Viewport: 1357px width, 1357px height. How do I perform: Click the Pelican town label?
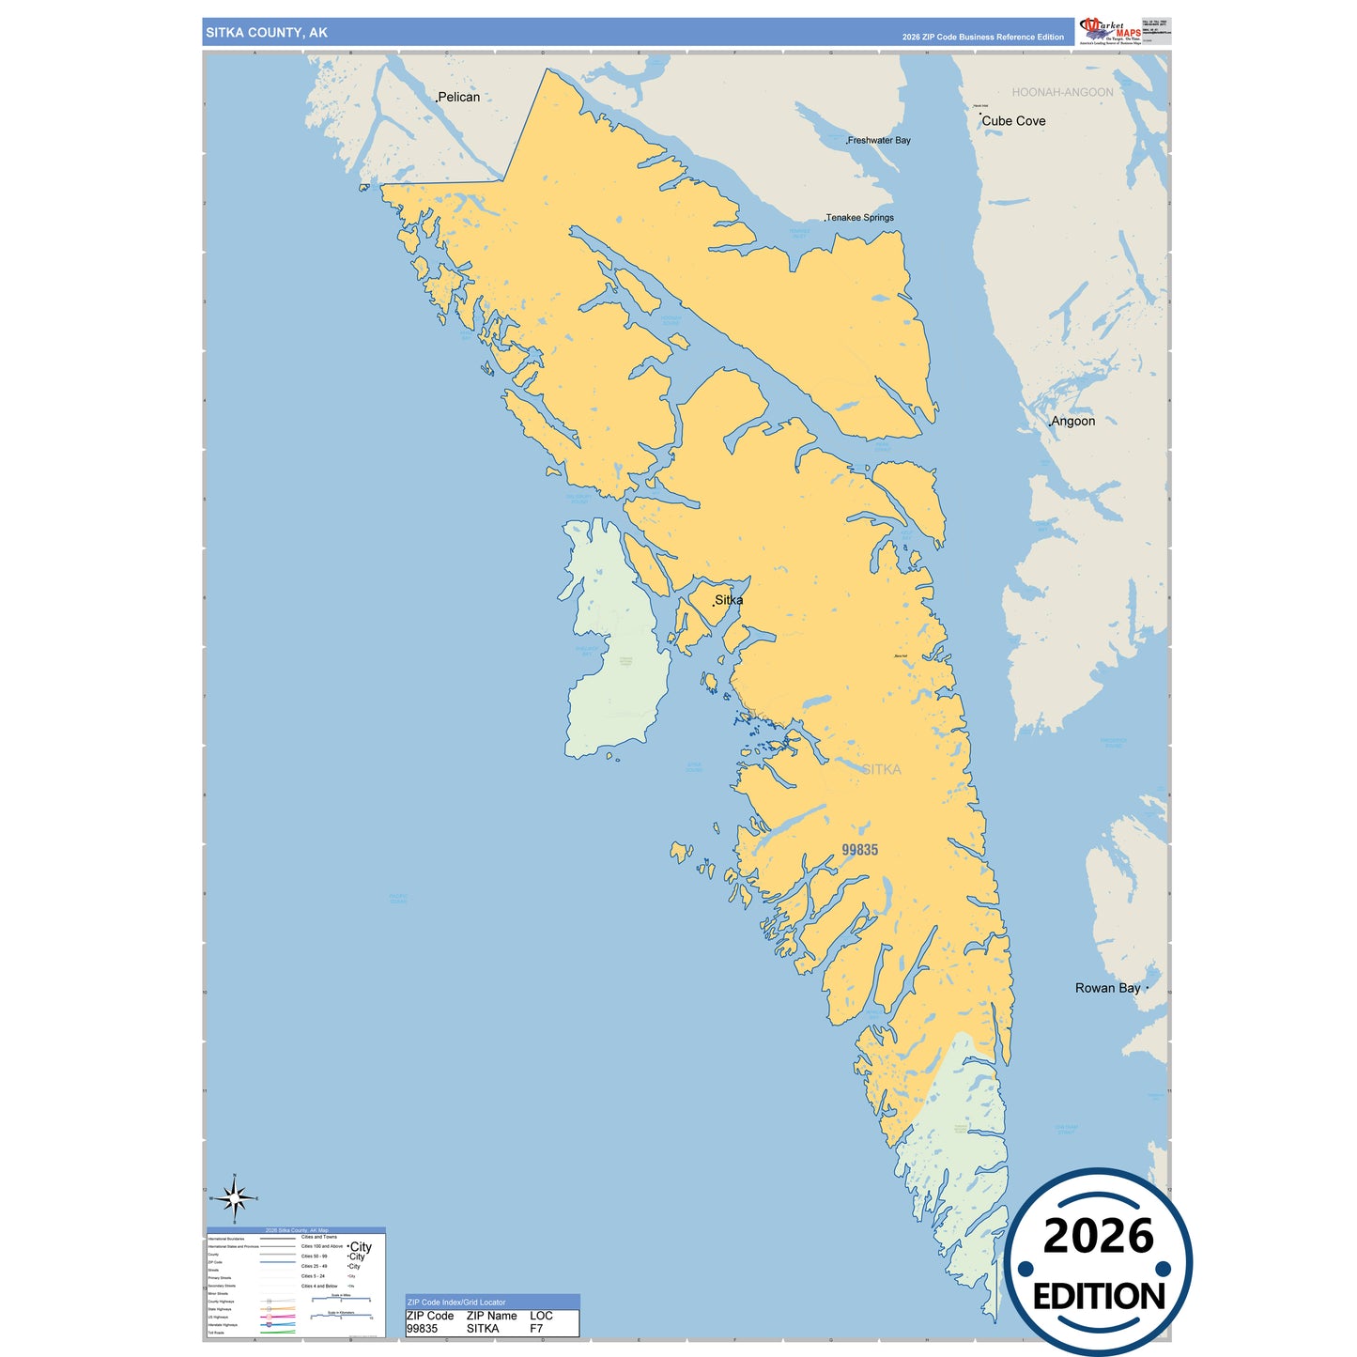(x=458, y=97)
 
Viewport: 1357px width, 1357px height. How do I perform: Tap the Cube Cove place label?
(x=1013, y=121)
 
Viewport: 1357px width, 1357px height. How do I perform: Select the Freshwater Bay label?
(x=879, y=141)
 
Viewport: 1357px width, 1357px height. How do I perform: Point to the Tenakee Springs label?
(x=860, y=218)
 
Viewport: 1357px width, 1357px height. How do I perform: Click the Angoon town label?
(x=1072, y=422)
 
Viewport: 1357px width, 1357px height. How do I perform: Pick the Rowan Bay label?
(x=1108, y=988)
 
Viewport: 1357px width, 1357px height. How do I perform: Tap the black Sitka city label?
(x=729, y=600)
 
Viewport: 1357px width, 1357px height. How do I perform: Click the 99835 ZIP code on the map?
(x=859, y=850)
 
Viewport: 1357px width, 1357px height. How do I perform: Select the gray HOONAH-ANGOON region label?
(x=1062, y=92)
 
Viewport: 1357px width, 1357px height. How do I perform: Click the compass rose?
(x=234, y=1198)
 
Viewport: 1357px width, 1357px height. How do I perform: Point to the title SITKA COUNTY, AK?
(x=267, y=33)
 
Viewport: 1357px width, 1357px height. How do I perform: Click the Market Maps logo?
(x=1110, y=31)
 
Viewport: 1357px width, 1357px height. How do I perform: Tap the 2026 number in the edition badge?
(x=1098, y=1236)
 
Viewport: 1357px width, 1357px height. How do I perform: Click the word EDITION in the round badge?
(x=1099, y=1297)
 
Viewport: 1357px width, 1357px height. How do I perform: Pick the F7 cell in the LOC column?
(x=536, y=1329)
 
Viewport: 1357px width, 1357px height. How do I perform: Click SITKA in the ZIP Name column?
(x=483, y=1329)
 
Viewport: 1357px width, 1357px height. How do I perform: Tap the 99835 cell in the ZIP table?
(x=422, y=1329)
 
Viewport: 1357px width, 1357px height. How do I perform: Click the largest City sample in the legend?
(x=361, y=1247)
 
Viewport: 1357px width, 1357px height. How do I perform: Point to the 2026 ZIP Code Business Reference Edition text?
(x=982, y=38)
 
